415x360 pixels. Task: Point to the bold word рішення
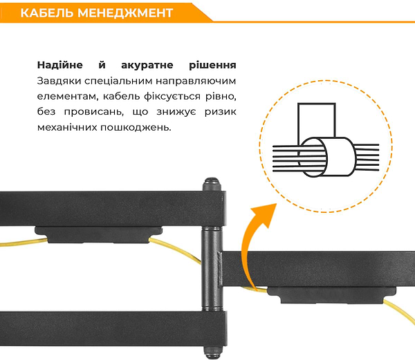208,66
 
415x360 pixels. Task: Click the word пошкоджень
138,129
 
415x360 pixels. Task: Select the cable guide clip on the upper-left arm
93,235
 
